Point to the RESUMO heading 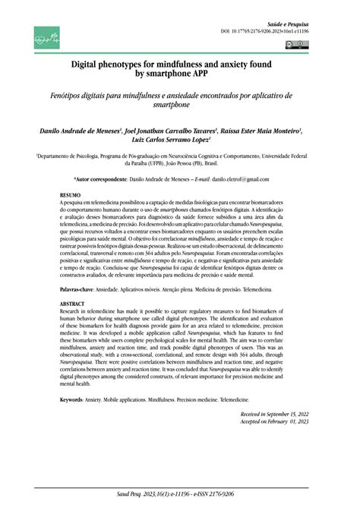tap(71, 196)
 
